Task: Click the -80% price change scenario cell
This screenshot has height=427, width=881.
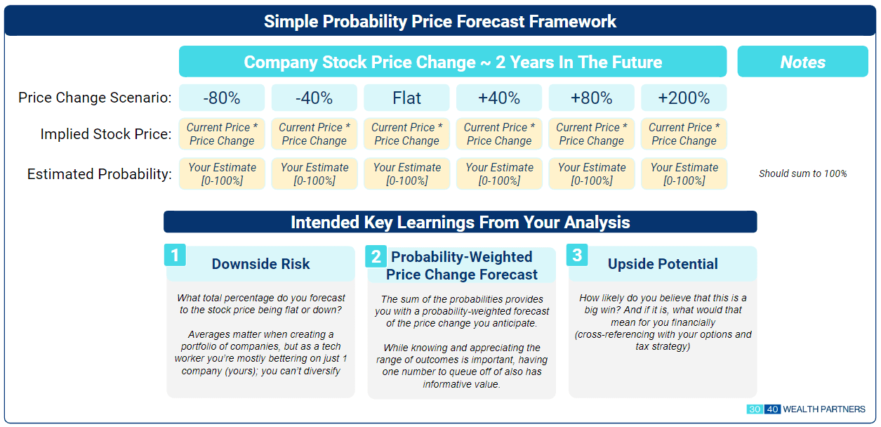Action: coord(222,98)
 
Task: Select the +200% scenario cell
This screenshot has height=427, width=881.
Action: coord(684,98)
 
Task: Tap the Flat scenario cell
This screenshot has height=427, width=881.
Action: coord(406,98)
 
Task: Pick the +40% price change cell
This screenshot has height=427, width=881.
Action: coord(499,98)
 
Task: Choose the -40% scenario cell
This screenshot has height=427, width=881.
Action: coord(314,98)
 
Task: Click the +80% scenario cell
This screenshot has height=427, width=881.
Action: coord(592,98)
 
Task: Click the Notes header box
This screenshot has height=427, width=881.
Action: coord(803,61)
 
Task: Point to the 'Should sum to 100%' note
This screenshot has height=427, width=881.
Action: coord(803,173)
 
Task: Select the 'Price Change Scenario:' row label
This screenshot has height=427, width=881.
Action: coord(95,98)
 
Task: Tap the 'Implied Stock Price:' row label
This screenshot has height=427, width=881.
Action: coord(106,134)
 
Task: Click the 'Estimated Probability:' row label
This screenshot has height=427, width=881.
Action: coord(99,174)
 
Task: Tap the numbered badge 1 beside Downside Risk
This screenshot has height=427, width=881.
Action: coord(175,255)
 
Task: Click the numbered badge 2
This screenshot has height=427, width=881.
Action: coord(376,256)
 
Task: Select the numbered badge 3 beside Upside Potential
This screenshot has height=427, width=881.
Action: coord(577,255)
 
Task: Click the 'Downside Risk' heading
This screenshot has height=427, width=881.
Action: coord(260,263)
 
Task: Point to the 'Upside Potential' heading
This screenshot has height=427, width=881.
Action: coord(663,263)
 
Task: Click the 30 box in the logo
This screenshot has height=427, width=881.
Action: coord(755,409)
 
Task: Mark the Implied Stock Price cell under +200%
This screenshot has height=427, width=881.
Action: coord(684,134)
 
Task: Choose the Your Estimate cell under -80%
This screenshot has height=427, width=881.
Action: coord(222,174)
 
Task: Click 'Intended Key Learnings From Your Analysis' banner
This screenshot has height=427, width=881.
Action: coord(461,222)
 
